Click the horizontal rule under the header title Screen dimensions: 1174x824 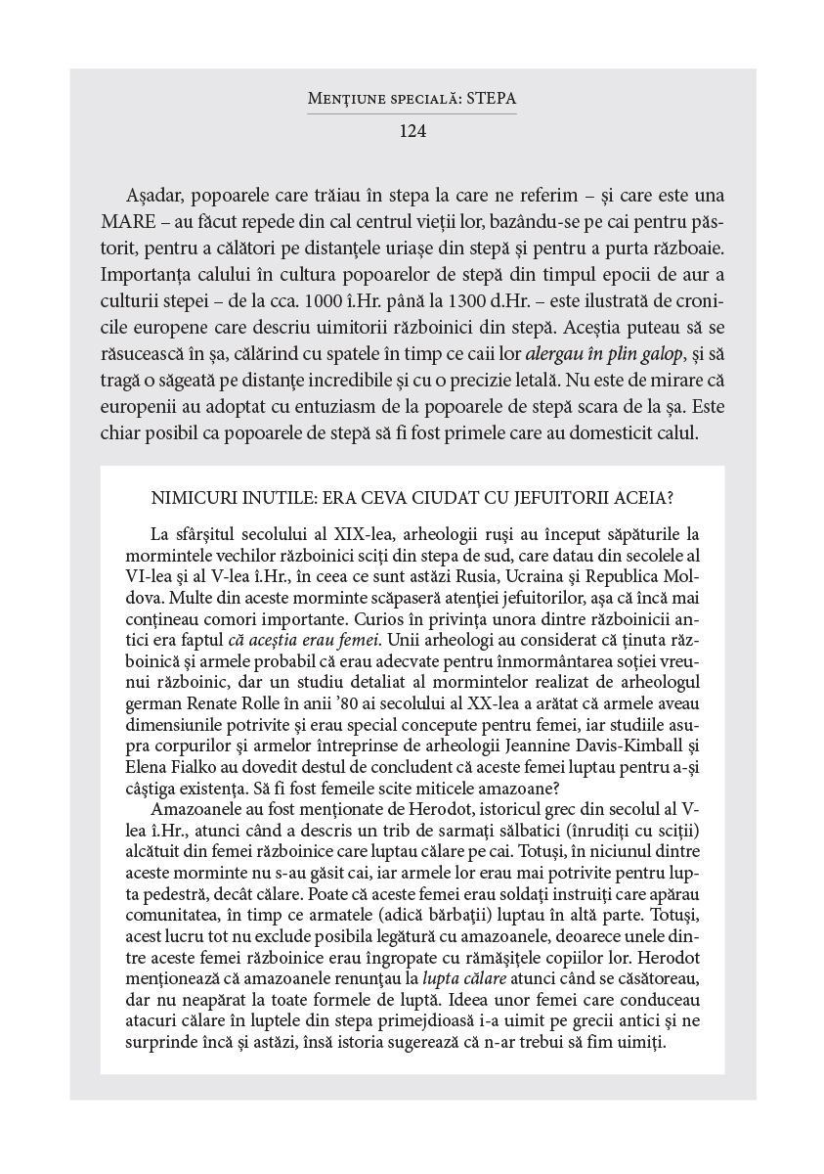[412, 113]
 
